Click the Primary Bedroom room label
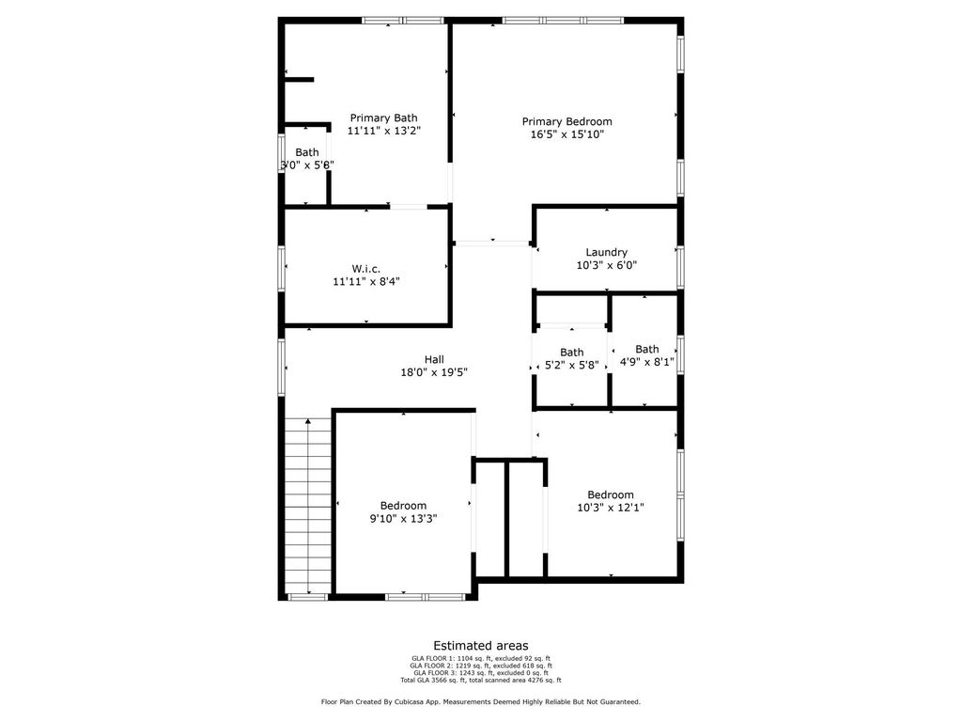point(566,121)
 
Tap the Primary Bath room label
point(383,118)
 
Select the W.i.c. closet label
point(366,269)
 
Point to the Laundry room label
point(606,252)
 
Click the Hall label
point(434,359)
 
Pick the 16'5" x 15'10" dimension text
point(567,134)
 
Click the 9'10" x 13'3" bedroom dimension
point(403,519)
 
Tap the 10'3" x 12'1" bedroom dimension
point(611,508)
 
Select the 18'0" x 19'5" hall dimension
point(434,372)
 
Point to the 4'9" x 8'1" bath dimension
point(646,362)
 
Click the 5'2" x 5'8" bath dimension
point(572,366)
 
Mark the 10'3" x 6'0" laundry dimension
point(607,265)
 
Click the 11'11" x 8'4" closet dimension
point(366,282)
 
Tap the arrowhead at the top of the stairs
point(308,420)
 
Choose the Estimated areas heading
point(481,645)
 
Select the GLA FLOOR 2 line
point(481,666)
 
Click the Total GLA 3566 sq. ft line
point(481,681)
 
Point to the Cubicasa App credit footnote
point(481,701)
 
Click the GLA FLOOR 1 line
point(481,658)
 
